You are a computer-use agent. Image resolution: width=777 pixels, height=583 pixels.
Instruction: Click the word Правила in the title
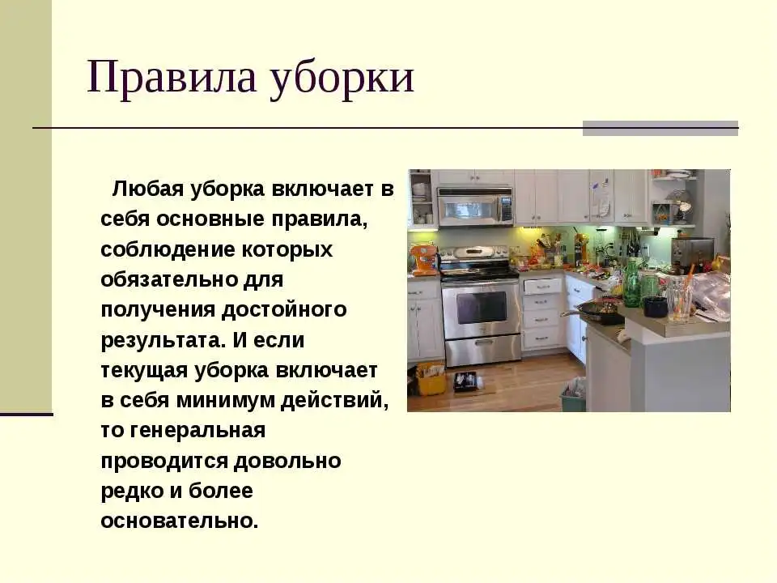pyautogui.click(x=172, y=77)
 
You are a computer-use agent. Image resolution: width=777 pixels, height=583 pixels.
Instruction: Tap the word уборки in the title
pyautogui.click(x=342, y=79)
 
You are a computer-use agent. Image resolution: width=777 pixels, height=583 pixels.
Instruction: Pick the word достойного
pyautogui.click(x=284, y=311)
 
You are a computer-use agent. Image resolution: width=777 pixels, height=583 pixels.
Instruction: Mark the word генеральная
pyautogui.click(x=197, y=431)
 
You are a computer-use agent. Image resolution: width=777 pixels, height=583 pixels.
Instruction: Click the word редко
pyautogui.click(x=132, y=492)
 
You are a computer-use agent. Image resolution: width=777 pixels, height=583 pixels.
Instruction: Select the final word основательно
pyautogui.click(x=180, y=521)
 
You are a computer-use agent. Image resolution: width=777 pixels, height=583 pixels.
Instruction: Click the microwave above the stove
pyautogui.click(x=475, y=206)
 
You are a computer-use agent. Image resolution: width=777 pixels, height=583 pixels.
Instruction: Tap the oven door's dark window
pyautogui.click(x=481, y=308)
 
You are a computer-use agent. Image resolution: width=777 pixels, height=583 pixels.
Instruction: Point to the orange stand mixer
pyautogui.click(x=422, y=259)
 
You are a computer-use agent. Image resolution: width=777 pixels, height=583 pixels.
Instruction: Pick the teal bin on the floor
pyautogui.click(x=573, y=395)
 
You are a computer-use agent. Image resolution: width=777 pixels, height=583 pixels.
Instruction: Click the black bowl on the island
pyautogui.click(x=656, y=306)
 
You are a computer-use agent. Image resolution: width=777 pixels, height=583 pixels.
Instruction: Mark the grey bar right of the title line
pyautogui.click(x=660, y=129)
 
